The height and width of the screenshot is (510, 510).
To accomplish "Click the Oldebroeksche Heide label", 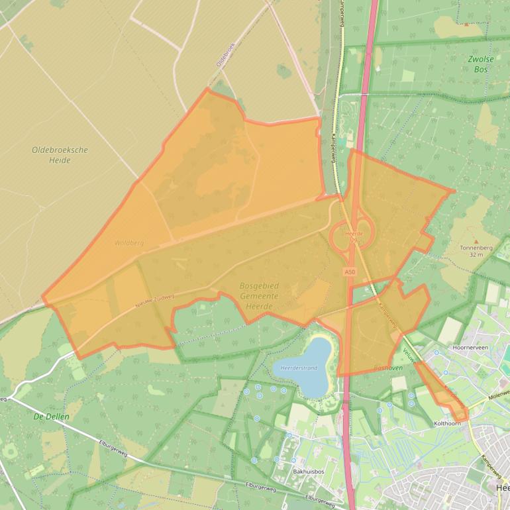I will click(60, 155).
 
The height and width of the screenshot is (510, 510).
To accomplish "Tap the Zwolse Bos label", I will click(482, 64).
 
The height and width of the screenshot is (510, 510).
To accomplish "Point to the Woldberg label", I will click(128, 243).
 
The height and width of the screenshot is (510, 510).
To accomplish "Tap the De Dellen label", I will click(51, 417).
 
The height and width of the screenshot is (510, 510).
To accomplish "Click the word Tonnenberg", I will click(476, 248).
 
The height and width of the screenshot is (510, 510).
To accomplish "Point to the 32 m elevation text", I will click(476, 255).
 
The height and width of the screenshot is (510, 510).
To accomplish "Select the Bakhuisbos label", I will click(307, 472).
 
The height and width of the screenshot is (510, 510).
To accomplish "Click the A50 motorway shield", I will click(350, 272).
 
